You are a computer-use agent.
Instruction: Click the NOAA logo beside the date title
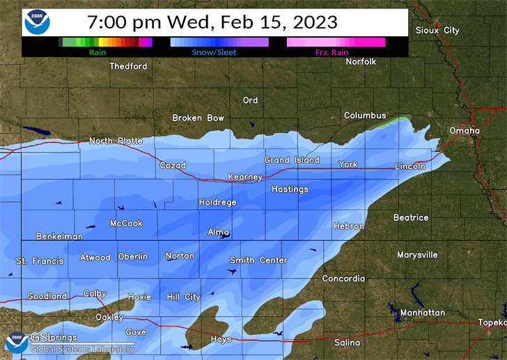click(37, 22)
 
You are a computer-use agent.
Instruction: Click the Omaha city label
click(465, 130)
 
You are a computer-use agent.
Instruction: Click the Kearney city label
click(245, 177)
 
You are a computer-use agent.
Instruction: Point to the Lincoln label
click(409, 166)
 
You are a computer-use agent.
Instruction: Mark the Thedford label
click(128, 66)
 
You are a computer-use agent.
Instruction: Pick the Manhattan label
click(423, 313)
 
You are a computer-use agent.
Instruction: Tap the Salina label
click(347, 343)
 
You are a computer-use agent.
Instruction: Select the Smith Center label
click(258, 260)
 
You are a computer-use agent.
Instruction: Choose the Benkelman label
click(59, 236)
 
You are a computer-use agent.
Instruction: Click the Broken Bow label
click(198, 118)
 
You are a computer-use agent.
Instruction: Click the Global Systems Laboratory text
click(83, 350)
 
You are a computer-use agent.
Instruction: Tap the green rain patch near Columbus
click(396, 121)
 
